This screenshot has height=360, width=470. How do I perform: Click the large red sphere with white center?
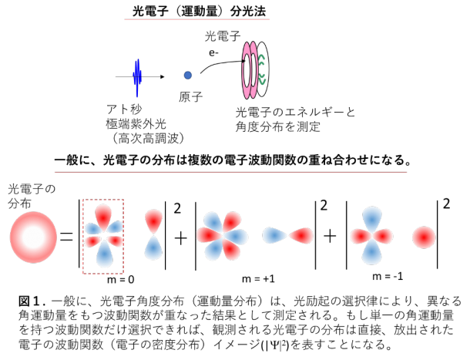(33, 237)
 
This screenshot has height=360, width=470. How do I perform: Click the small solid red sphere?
(424, 237)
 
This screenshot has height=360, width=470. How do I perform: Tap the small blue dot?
(187, 75)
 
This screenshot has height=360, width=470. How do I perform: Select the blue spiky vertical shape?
(137, 76)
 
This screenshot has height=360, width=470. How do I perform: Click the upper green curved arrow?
(262, 59)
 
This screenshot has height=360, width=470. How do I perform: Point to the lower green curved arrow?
(262, 79)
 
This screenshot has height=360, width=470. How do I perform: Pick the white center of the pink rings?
(247, 70)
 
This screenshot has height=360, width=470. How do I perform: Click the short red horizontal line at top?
(196, 19)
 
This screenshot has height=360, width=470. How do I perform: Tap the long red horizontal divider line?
(230, 172)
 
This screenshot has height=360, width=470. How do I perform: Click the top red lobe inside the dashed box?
(103, 215)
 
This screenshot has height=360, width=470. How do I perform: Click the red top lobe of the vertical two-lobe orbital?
(153, 220)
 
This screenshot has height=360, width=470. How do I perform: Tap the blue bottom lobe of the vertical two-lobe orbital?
(153, 249)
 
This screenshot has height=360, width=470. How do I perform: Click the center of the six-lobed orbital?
(222, 236)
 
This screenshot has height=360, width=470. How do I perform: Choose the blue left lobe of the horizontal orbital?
(274, 235)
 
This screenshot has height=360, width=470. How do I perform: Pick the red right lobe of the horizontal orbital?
(302, 235)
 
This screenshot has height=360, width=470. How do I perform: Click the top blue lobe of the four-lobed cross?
(371, 218)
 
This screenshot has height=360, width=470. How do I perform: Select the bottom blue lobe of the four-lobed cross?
(371, 253)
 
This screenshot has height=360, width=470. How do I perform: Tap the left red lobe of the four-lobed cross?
(359, 236)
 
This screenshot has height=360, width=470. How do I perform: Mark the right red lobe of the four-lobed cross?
(384, 236)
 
